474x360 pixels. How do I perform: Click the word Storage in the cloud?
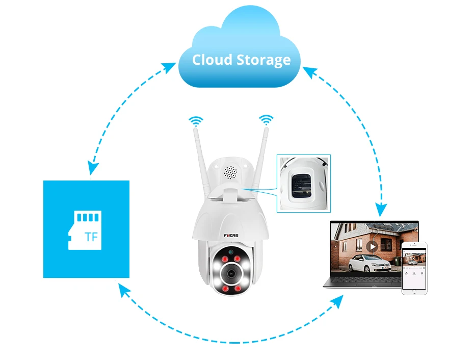pyautogui.click(x=264, y=60)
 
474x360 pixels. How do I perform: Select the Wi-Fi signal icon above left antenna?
pyautogui.click(x=196, y=121)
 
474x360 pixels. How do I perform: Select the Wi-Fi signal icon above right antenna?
pyautogui.click(x=266, y=120)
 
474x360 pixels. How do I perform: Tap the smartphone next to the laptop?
pyautogui.click(x=414, y=268)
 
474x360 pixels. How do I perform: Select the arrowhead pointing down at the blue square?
pyautogui.click(x=92, y=168)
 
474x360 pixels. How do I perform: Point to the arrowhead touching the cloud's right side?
pyautogui.click(x=308, y=71)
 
